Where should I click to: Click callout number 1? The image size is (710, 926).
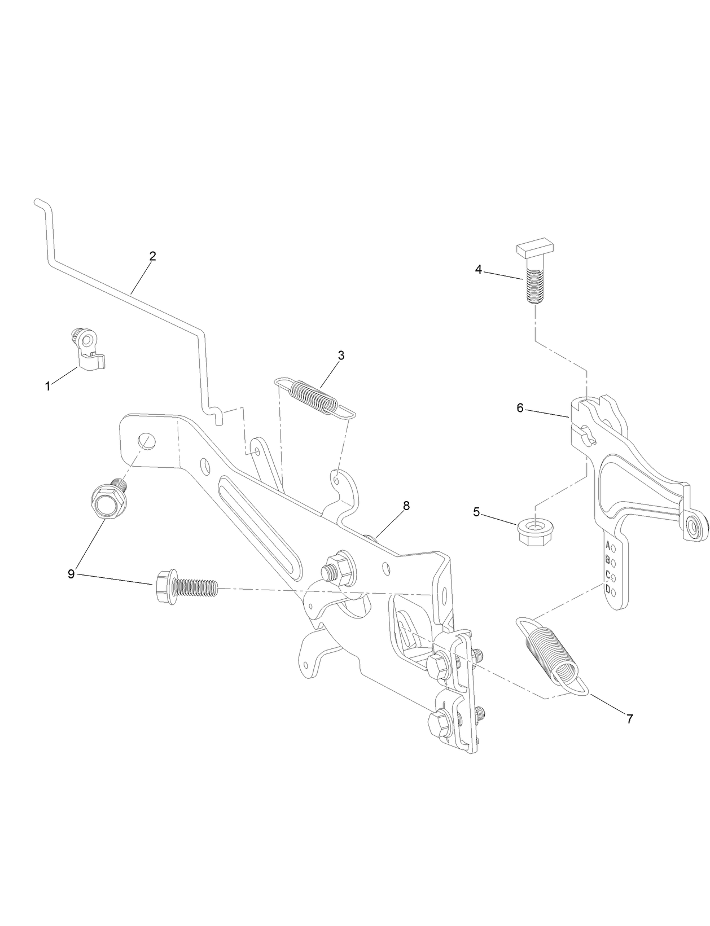(x=48, y=387)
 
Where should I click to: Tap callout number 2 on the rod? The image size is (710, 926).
(x=152, y=256)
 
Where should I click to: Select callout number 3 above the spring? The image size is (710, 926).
(x=341, y=356)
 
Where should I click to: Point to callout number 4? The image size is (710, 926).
(x=478, y=270)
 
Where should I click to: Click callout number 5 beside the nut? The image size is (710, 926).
(x=476, y=512)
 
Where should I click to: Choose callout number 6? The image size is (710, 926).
(x=520, y=407)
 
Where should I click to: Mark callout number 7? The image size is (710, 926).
(x=629, y=719)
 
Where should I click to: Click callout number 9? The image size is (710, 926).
(x=71, y=574)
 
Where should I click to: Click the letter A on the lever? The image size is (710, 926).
(x=608, y=545)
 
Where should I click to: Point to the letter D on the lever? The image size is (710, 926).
(x=608, y=589)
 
